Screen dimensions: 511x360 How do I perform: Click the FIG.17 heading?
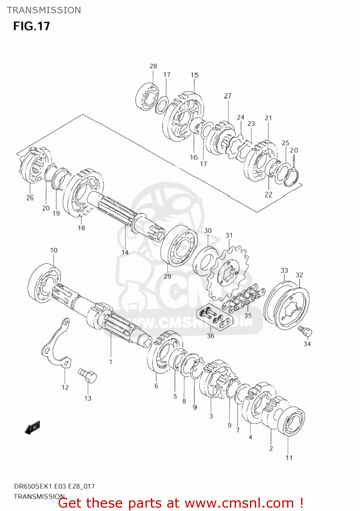[32, 26]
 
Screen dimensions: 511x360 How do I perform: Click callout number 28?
[153, 66]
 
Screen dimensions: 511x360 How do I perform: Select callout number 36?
[210, 336]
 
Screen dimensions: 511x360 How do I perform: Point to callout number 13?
[88, 398]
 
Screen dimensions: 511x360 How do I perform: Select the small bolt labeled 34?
[305, 331]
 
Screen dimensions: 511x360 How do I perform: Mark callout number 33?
[284, 270]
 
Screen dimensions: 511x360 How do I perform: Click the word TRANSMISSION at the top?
[44, 10]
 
